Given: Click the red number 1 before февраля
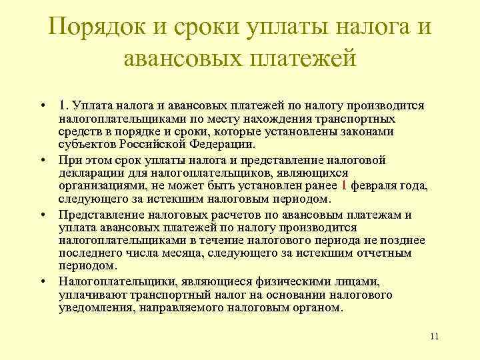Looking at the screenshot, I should pyautogui.click(x=343, y=186).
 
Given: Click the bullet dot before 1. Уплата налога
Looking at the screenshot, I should pyautogui.click(x=42, y=106).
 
